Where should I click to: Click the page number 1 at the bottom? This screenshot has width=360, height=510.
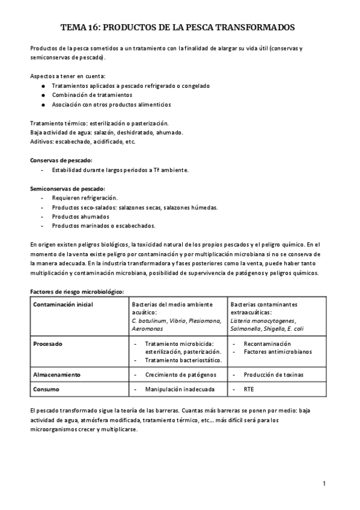[x=324, y=483]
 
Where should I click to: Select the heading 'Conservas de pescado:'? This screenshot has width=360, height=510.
[x=61, y=161]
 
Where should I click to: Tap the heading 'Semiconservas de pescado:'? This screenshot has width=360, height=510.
[x=67, y=188]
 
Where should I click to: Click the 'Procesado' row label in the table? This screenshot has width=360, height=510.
[x=48, y=343]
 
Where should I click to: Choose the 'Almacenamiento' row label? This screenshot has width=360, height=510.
[x=56, y=374]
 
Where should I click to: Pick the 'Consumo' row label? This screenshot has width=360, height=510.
[x=46, y=389]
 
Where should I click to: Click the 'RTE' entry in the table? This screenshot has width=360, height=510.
[x=249, y=389]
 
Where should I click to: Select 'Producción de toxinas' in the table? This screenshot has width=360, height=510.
[x=273, y=374]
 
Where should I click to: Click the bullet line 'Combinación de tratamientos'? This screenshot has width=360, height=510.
[x=92, y=95]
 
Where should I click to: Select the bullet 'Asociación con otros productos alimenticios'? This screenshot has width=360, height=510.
[x=111, y=104]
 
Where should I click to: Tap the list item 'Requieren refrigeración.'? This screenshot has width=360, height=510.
[x=85, y=198]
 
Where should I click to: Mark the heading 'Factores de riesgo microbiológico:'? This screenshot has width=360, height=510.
[x=76, y=292]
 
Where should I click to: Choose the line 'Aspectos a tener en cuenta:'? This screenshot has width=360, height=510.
[x=67, y=76]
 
